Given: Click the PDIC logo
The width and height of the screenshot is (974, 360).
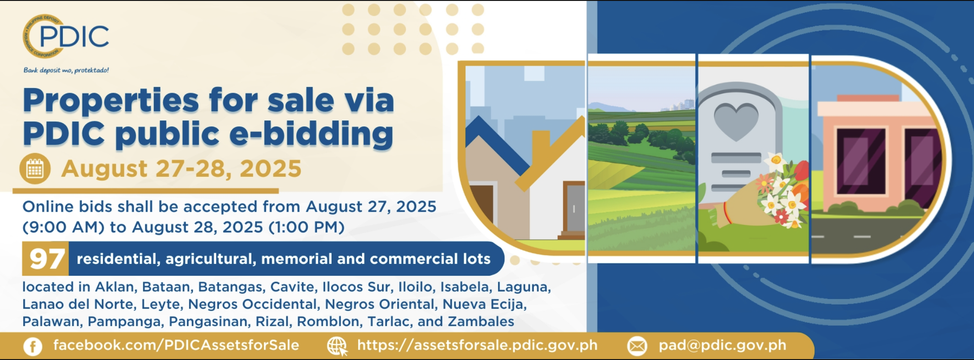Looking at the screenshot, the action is point(66,36).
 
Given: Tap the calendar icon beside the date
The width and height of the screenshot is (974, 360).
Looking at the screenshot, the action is point(35,169).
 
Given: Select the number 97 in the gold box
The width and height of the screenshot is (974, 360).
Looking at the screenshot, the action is point(45,259).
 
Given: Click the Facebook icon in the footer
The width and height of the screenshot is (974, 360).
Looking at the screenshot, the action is point(33,346).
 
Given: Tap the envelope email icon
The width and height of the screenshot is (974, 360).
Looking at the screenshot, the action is point(637,346).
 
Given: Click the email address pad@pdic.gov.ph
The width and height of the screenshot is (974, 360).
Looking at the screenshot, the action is point(722,345).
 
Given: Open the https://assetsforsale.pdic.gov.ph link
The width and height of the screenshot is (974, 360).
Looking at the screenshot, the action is point(477,345).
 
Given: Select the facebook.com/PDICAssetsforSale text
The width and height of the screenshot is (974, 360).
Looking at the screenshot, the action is point(176,345).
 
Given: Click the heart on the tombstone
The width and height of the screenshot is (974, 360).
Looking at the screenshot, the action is point(736,120).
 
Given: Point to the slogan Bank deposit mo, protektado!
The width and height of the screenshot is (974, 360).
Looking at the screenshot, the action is point(66,70).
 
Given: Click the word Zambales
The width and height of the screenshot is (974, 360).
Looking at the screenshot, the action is point(481,322).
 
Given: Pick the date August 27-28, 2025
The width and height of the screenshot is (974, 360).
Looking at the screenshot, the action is point(181,169).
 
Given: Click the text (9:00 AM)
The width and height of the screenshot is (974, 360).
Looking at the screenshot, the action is point(64,227).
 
